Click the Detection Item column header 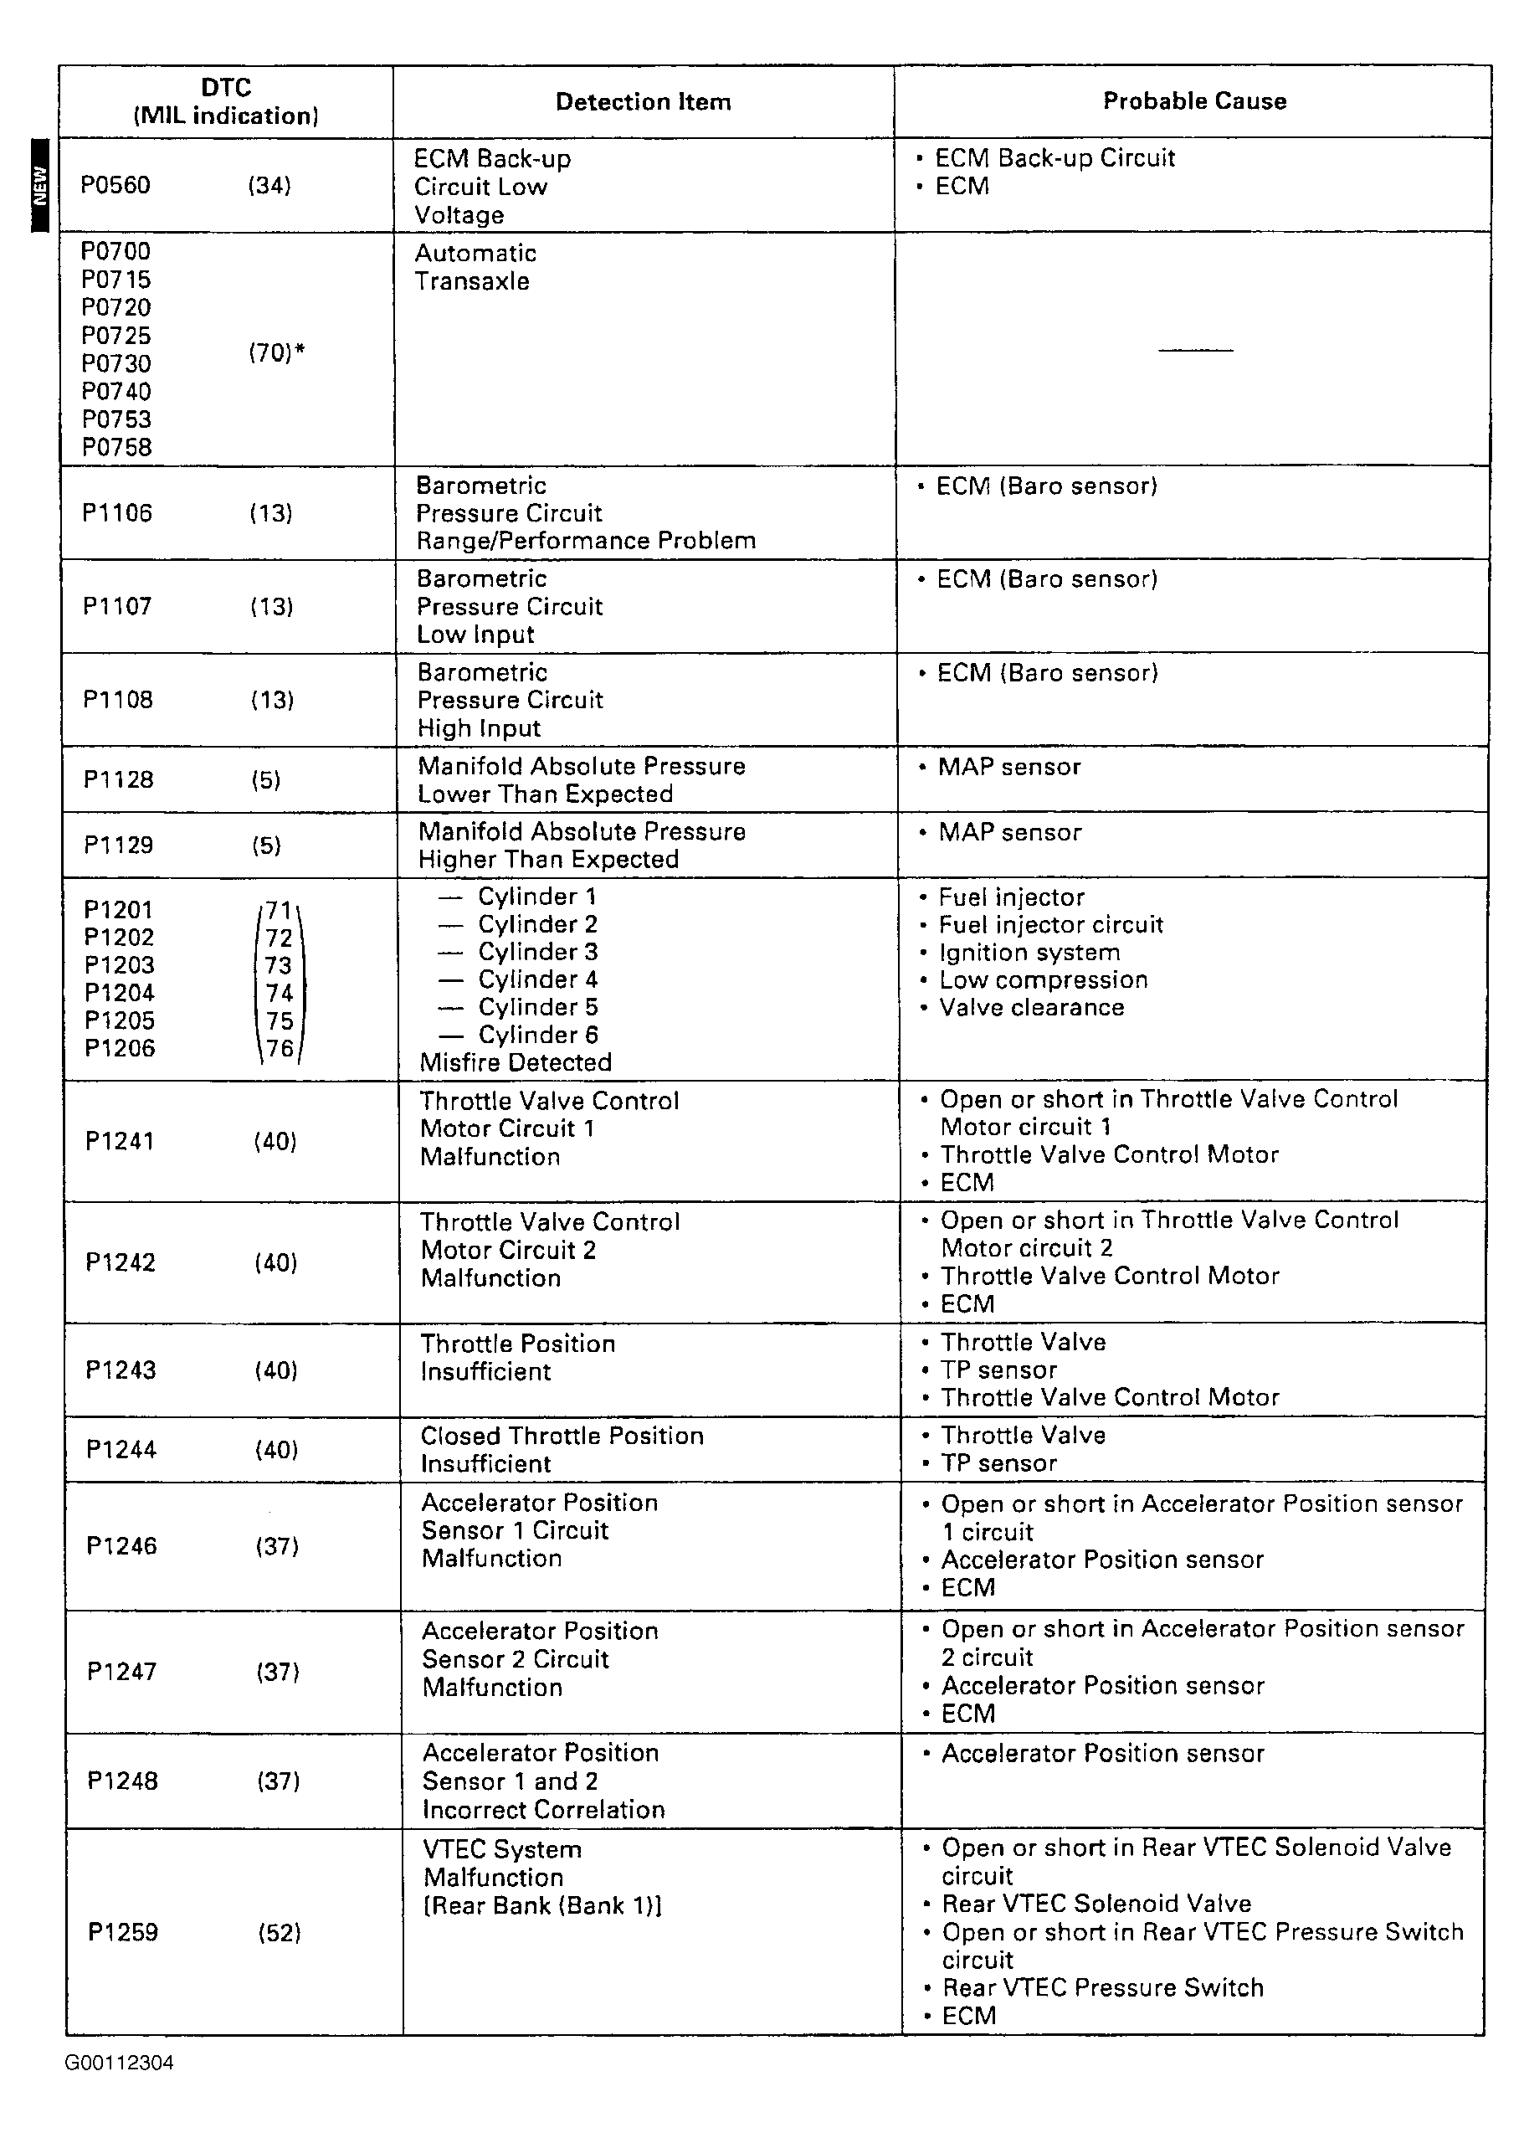pos(643,101)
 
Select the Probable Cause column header pos(1193,100)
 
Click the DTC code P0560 pos(115,185)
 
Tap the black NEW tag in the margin pos(39,186)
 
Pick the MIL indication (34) pos(269,185)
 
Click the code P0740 pos(115,391)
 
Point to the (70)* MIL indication pos(276,352)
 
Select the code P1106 pos(116,512)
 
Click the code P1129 pos(118,845)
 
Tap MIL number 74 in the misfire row pos(279,993)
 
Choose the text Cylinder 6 pos(538,1034)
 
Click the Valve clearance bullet pos(1030,1007)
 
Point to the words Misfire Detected pos(516,1062)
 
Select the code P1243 pos(121,1370)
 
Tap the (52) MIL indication pos(279,1932)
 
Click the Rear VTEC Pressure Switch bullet pos(1103,1987)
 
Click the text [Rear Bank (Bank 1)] pos(542,1905)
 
